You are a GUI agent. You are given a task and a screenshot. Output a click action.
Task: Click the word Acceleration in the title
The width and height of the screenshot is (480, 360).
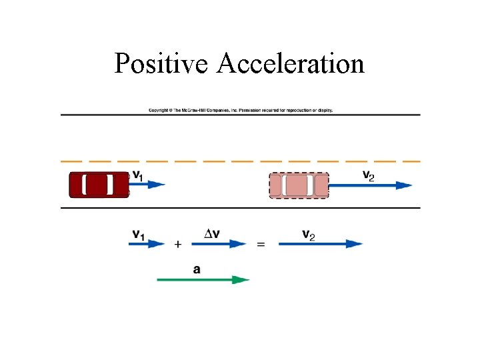point(291,64)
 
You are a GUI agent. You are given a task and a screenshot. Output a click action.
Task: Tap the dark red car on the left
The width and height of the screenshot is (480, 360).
point(99,185)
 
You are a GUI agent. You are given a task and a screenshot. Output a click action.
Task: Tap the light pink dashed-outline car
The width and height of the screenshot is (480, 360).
point(299,185)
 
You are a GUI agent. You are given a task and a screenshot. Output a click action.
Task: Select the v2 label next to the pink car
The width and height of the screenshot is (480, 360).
point(368,175)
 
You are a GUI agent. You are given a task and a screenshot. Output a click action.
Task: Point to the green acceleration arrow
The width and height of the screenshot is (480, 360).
point(203,280)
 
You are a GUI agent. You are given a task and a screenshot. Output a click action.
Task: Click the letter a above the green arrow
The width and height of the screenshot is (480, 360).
point(197,269)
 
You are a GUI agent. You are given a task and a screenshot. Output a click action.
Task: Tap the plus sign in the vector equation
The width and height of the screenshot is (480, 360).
point(177,245)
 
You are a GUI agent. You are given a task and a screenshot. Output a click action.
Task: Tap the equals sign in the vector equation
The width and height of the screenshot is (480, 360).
point(261,245)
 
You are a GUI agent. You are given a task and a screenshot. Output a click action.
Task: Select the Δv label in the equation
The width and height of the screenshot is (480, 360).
point(213,233)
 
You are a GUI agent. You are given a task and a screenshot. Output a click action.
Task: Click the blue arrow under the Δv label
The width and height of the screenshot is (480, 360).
point(219,244)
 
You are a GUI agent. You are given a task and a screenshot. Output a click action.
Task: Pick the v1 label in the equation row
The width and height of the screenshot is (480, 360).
point(139,234)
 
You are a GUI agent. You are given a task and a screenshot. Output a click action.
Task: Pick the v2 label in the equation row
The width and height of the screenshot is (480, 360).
point(309,234)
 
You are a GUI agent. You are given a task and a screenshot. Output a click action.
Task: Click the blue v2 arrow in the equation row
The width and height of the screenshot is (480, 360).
point(320,244)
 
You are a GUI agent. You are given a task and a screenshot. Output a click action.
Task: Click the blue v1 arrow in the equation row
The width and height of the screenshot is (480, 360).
point(146,244)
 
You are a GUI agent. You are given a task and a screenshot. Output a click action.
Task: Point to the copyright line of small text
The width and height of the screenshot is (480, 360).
point(240,110)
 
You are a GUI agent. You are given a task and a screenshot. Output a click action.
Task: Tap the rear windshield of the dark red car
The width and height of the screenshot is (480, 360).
point(84,185)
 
